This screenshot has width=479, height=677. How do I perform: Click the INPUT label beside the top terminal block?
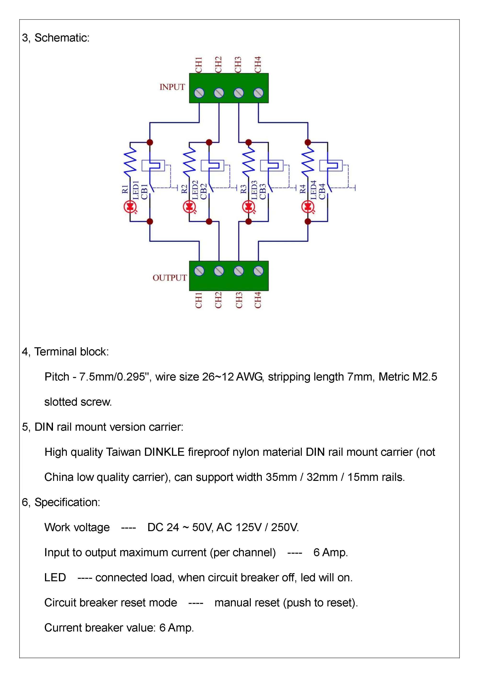pyautogui.click(x=172, y=87)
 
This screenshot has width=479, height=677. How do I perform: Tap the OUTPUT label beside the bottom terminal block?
pyautogui.click(x=170, y=278)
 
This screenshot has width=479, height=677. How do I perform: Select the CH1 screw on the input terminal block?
pyautogui.click(x=199, y=93)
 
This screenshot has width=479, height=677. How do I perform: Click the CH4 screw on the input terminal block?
pyautogui.click(x=258, y=93)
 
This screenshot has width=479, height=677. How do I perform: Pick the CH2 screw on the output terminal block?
pyautogui.click(x=219, y=271)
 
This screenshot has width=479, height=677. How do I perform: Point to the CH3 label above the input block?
pyautogui.click(x=238, y=65)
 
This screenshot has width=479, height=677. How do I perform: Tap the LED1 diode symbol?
pyautogui.click(x=130, y=207)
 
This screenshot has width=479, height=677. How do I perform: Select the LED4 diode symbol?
pyautogui.click(x=308, y=207)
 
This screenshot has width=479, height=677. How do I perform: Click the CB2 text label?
pyautogui.click(x=204, y=192)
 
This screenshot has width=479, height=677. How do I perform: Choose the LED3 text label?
pyautogui.click(x=254, y=190)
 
